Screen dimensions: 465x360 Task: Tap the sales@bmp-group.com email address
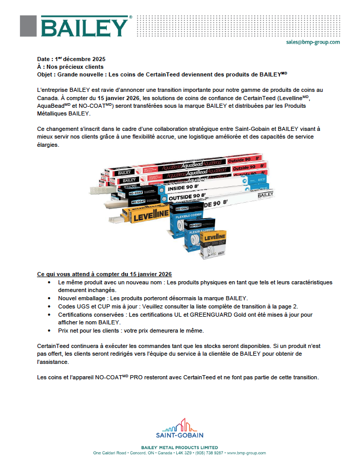313,42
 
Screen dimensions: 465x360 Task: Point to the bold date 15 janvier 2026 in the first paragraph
117,98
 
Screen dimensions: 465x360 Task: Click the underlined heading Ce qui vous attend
104,274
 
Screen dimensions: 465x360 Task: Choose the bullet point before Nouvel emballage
49,298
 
